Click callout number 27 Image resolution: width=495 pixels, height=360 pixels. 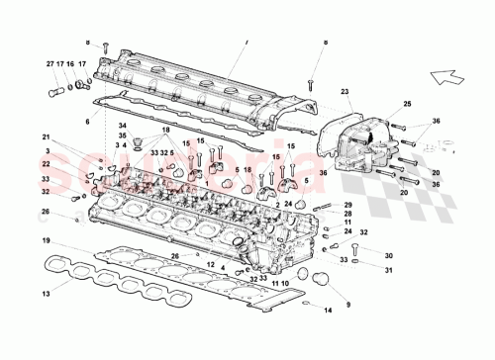pyautogui.click(x=49, y=64)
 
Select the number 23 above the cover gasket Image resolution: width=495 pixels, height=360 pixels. pyautogui.click(x=346, y=93)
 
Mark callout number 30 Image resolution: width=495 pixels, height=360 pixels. pyautogui.click(x=388, y=255)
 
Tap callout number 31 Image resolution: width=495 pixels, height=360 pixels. pyautogui.click(x=388, y=272)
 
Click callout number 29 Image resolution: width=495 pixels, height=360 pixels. pyautogui.click(x=347, y=204)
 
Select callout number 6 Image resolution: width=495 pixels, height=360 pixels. pyautogui.click(x=86, y=121)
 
